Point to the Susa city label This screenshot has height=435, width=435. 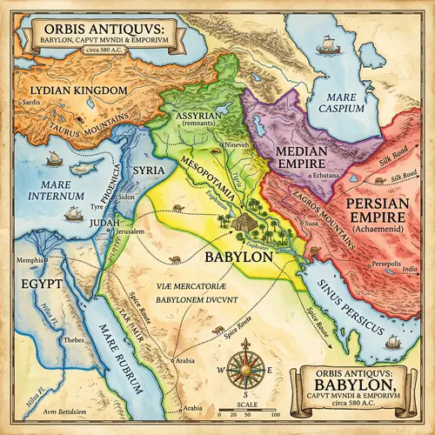312,224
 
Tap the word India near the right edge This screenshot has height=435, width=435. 408,270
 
